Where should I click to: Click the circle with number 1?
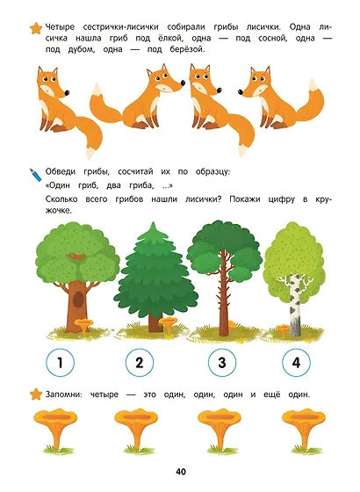60,362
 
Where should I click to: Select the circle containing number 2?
140,362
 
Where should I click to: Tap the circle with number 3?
222,362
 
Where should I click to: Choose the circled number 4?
296,362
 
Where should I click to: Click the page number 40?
181,472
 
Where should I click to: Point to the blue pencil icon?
35,175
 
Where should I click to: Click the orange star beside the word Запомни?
36,394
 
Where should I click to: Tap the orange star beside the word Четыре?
36,28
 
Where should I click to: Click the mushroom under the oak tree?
83,325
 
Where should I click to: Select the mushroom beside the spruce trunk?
169,324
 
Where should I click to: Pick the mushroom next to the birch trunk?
282,330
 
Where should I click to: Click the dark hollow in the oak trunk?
78,299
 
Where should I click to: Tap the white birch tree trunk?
295,304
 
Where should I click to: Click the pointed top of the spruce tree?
154,223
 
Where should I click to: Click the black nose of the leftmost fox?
67,92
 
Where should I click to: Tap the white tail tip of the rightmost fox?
312,84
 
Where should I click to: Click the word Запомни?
63,394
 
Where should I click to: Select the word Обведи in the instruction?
61,172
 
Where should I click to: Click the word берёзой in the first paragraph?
187,49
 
